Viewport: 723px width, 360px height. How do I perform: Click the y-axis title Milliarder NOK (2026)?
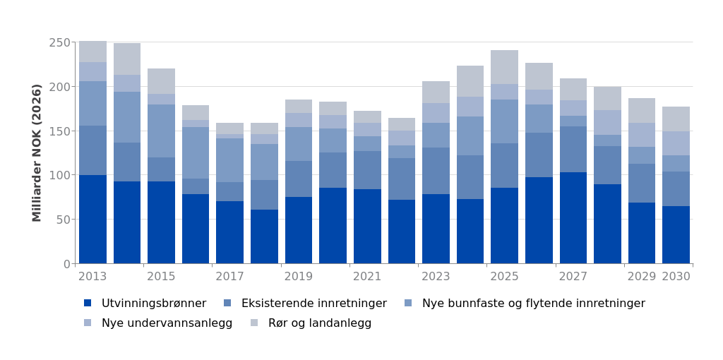pos(37,152)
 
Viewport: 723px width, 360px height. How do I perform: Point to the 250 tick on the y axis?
pos(61,42)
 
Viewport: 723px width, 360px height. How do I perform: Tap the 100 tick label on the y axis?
pos(61,175)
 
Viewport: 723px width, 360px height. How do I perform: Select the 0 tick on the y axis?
pos(67,264)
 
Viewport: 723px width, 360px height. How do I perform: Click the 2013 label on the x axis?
pos(92,277)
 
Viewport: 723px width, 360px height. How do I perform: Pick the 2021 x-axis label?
pos(367,277)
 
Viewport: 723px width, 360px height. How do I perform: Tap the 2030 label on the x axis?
pos(676,277)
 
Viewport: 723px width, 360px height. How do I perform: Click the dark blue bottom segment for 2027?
pos(573,217)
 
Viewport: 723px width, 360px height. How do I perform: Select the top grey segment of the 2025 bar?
pos(504,67)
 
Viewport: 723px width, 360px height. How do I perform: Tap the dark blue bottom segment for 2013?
pos(92,219)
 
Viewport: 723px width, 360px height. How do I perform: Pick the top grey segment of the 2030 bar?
pos(676,119)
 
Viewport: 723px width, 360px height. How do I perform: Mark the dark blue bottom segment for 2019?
pos(299,230)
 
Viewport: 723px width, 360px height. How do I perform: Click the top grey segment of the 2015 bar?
pos(161,81)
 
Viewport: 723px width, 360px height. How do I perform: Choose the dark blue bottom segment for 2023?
pos(436,229)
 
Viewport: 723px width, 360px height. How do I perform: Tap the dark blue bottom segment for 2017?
pos(230,232)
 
